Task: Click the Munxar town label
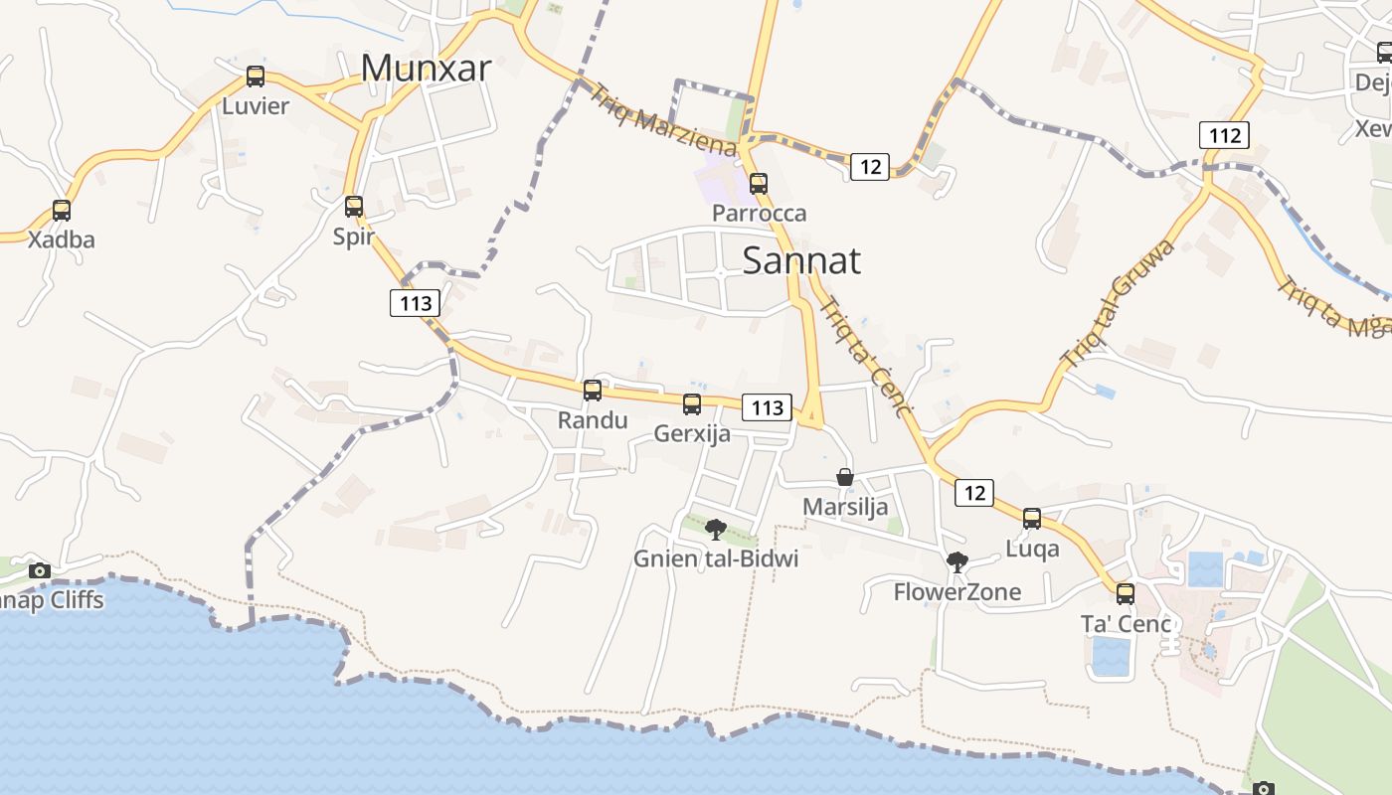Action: click(x=426, y=68)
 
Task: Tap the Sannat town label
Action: click(x=801, y=260)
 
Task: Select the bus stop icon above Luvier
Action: click(x=256, y=77)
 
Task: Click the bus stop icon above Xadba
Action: click(x=62, y=211)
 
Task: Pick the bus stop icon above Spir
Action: click(x=354, y=207)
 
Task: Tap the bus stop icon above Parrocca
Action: click(x=759, y=184)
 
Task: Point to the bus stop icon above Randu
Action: click(x=593, y=391)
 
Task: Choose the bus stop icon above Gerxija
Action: click(x=692, y=404)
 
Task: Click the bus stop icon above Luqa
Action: click(x=1032, y=519)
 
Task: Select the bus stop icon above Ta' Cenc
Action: click(x=1125, y=594)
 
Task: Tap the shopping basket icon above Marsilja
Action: click(x=845, y=478)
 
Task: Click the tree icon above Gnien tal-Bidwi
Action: click(x=716, y=530)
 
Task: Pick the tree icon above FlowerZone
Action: click(x=957, y=563)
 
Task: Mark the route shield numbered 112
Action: click(x=1223, y=135)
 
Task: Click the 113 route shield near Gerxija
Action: click(x=768, y=407)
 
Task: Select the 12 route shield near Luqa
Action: click(x=974, y=492)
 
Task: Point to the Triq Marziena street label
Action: click(x=663, y=120)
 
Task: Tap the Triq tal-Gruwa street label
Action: click(x=1118, y=304)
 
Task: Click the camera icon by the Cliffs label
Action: click(x=40, y=570)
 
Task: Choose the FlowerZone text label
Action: click(x=957, y=592)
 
